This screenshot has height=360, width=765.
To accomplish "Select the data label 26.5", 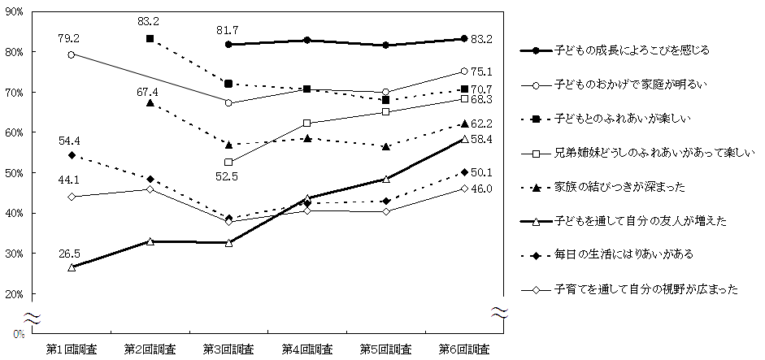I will click(x=71, y=252).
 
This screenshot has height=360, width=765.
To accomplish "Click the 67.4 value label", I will click(x=147, y=92).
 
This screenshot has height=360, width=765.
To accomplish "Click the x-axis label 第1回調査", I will click(x=71, y=349).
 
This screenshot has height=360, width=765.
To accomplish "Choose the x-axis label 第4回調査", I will click(x=307, y=349).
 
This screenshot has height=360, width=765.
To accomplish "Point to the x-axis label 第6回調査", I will click(x=464, y=349).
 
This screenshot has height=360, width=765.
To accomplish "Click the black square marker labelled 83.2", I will click(x=150, y=39).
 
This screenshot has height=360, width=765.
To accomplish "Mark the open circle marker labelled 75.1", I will click(x=464, y=72).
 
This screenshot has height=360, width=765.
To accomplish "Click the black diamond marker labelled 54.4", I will click(x=72, y=154).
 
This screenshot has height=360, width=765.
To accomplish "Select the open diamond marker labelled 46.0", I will click(x=464, y=188).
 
